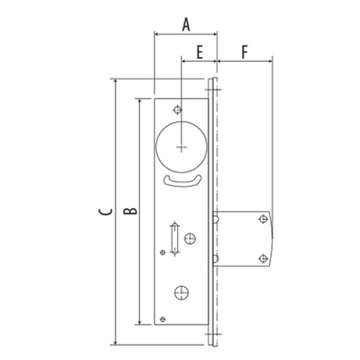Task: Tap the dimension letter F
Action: [x=245, y=52]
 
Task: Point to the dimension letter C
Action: [x=105, y=212]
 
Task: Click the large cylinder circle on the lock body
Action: [x=181, y=143]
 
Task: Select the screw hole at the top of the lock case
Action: [x=176, y=109]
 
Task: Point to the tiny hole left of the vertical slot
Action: [x=163, y=251]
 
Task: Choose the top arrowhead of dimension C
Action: [x=114, y=81]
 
